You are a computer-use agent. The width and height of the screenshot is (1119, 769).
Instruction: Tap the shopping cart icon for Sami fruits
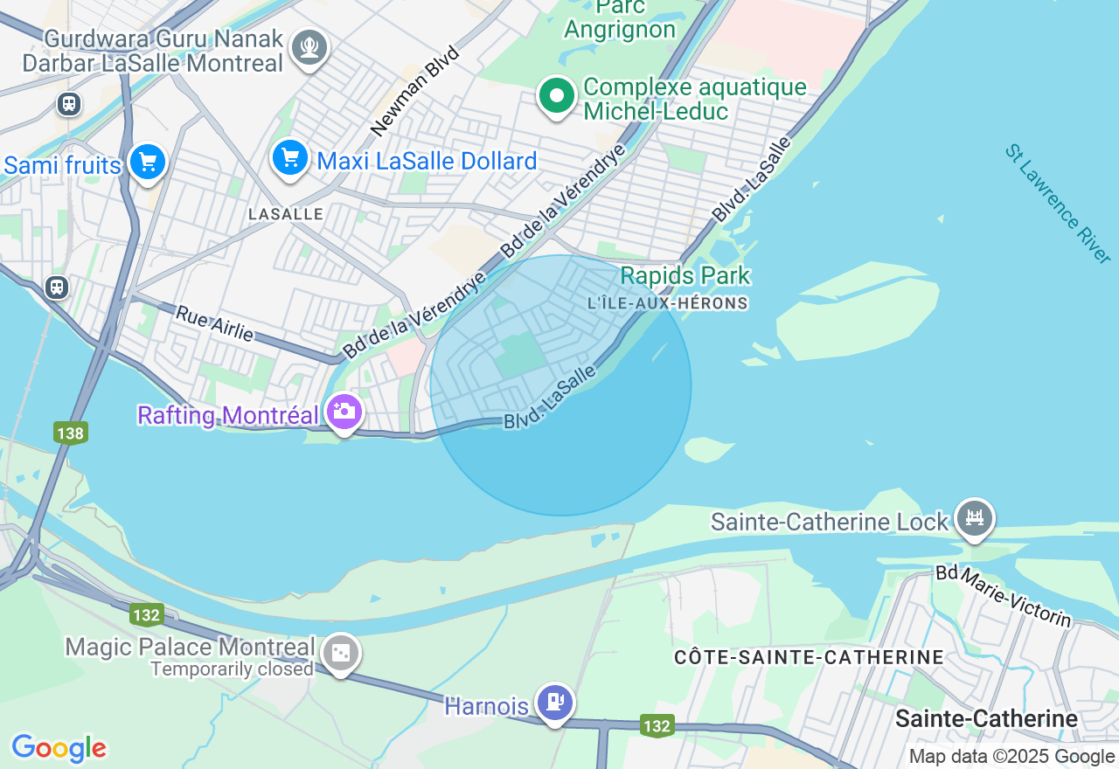click(148, 163)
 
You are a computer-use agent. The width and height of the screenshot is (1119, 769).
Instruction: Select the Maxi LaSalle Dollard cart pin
click(288, 158)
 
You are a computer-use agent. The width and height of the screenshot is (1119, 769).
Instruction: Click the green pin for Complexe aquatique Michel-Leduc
click(556, 96)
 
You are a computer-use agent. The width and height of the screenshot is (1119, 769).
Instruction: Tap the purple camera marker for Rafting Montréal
click(344, 411)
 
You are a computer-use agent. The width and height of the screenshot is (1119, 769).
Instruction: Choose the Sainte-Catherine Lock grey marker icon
click(973, 517)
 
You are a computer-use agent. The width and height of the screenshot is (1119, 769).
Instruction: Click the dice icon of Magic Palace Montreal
click(340, 653)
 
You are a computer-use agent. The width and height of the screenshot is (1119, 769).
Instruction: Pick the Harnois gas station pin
click(554, 702)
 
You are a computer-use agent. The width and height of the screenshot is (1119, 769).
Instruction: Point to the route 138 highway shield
click(70, 433)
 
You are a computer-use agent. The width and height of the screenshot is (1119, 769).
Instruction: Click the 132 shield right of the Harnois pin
click(656, 726)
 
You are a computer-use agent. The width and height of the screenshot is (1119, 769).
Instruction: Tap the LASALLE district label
click(286, 214)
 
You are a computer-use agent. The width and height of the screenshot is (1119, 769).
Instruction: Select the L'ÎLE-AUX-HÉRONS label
click(669, 303)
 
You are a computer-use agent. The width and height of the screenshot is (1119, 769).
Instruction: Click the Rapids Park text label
click(685, 276)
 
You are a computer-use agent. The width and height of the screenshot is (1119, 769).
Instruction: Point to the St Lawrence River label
click(1057, 204)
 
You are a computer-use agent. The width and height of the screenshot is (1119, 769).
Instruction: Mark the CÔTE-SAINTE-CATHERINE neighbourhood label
click(809, 657)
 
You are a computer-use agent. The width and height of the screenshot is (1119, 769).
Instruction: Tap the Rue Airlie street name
click(215, 323)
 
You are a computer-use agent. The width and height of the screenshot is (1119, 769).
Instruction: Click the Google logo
click(59, 748)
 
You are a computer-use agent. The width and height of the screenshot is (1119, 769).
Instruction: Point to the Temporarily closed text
click(232, 669)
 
